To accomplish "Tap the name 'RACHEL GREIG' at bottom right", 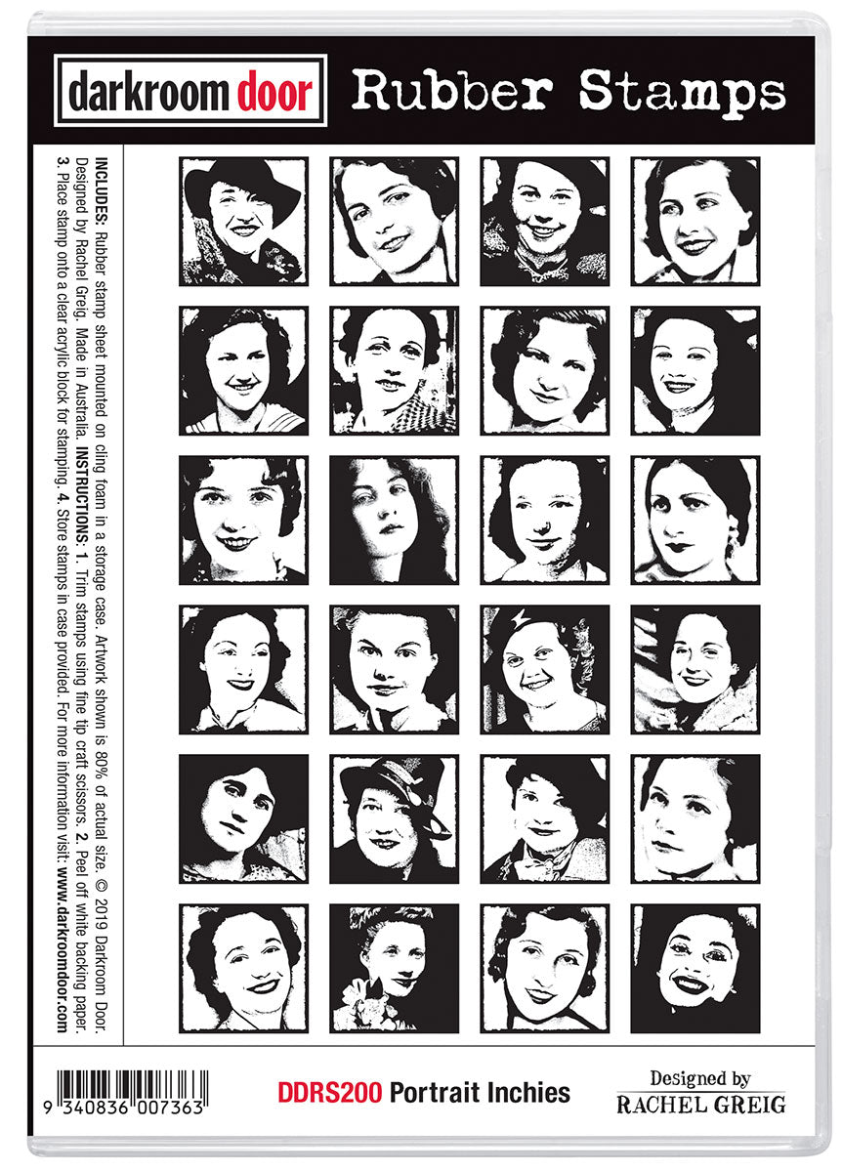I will tap(701, 1105).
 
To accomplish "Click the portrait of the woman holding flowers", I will tap(394, 968).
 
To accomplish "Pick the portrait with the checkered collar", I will tap(394, 370).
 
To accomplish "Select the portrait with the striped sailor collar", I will tap(243, 370).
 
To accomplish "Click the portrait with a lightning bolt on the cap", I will tap(544, 669).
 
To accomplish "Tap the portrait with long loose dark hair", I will tap(394, 520).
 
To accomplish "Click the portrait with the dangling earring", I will tap(695, 520).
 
